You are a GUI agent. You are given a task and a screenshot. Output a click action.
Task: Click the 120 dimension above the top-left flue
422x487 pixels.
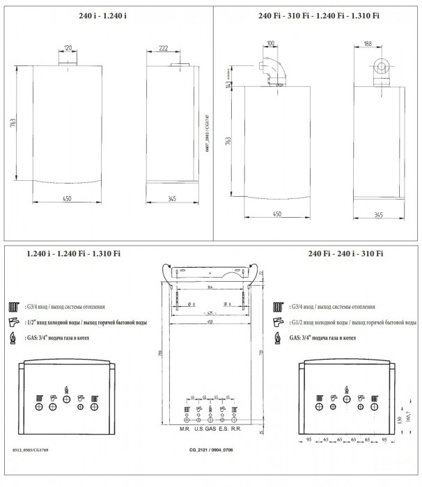(68, 48)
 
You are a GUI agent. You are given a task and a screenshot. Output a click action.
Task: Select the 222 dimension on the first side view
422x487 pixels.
(164, 47)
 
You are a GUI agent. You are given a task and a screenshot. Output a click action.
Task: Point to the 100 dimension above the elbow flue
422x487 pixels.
(270, 43)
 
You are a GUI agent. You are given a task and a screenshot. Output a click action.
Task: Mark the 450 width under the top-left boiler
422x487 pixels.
(68, 198)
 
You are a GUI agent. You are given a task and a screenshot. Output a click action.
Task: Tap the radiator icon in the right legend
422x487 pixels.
(279, 306)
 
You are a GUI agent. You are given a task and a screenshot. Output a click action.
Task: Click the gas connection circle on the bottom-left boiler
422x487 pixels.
(65, 401)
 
